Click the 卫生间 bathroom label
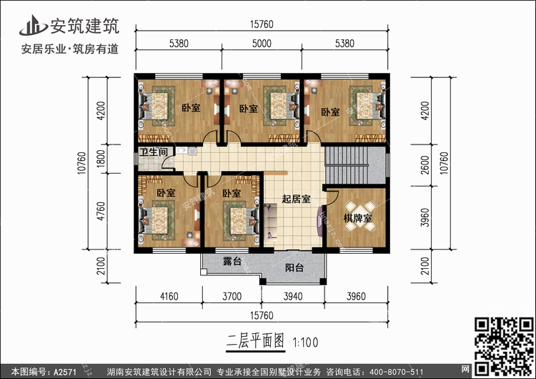pyautogui.click(x=154, y=152)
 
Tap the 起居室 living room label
pyautogui.click(x=296, y=199)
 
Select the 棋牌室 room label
pyautogui.click(x=358, y=218)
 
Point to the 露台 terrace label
pyautogui.click(x=232, y=261)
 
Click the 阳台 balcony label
pyautogui.click(x=294, y=267)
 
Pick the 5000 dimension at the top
pyautogui.click(x=262, y=44)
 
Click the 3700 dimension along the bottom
pyautogui.click(x=232, y=296)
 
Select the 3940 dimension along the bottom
pyautogui.click(x=293, y=296)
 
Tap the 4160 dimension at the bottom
pyautogui.click(x=169, y=296)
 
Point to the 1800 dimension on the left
pyautogui.click(x=101, y=159)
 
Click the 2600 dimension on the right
pyautogui.click(x=425, y=165)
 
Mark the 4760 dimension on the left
pyautogui.click(x=101, y=211)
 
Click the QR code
pyautogui.click(x=504, y=346)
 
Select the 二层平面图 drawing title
pyautogui.click(x=255, y=342)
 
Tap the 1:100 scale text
pyautogui.click(x=305, y=343)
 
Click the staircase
pyautogui.click(x=354, y=165)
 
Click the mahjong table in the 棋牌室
pyautogui.click(x=360, y=216)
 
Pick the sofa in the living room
pyautogui.click(x=270, y=222)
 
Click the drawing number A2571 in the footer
pyautogui.click(x=65, y=372)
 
